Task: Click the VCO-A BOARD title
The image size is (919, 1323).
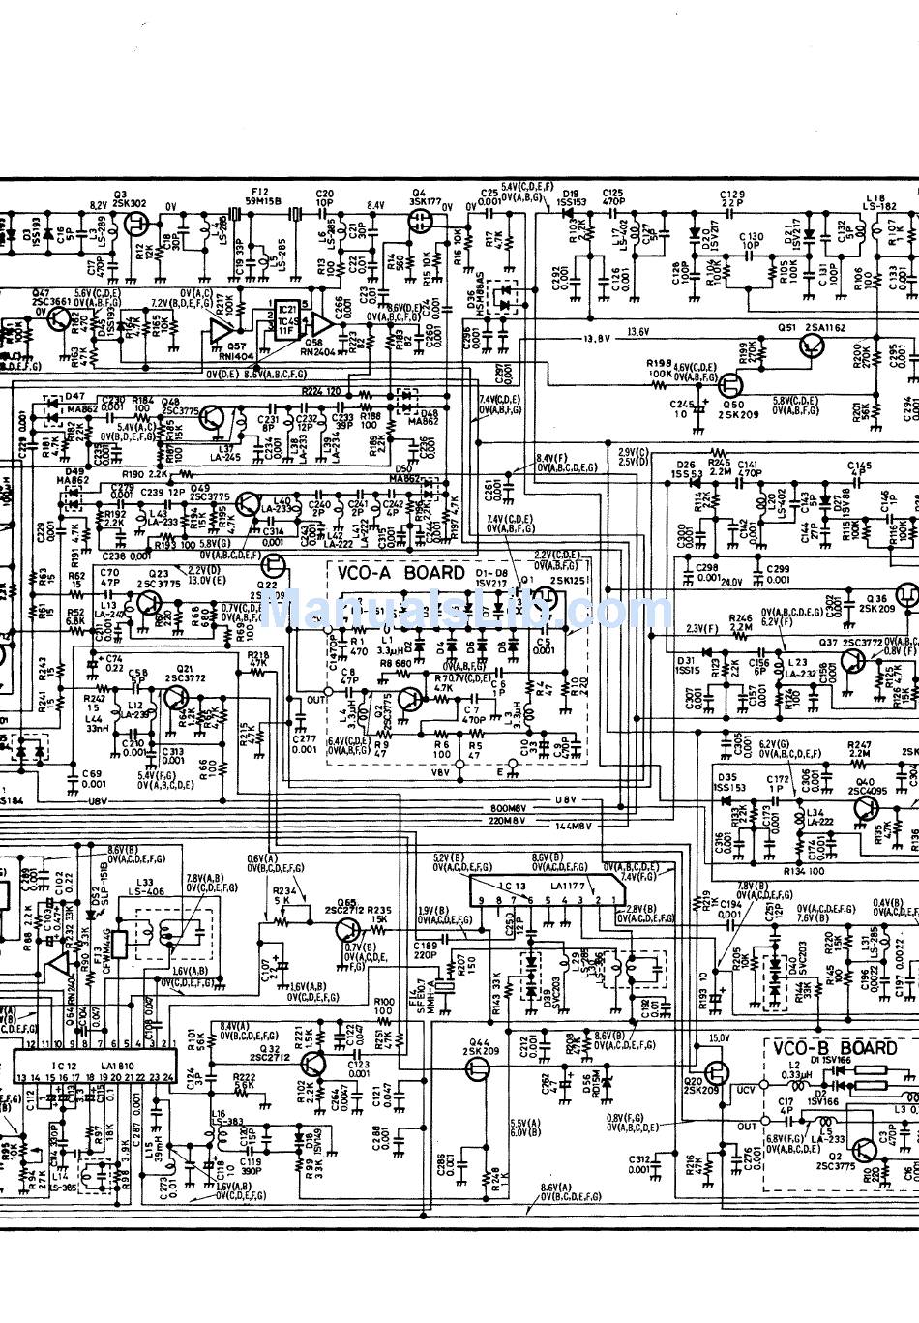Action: (x=400, y=572)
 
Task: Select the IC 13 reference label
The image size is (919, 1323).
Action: (x=512, y=886)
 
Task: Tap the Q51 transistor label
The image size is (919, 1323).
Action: (x=787, y=328)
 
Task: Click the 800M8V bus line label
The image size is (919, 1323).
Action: (x=507, y=808)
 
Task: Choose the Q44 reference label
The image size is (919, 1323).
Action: (x=477, y=1040)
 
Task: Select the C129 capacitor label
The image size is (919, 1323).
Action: (x=732, y=195)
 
